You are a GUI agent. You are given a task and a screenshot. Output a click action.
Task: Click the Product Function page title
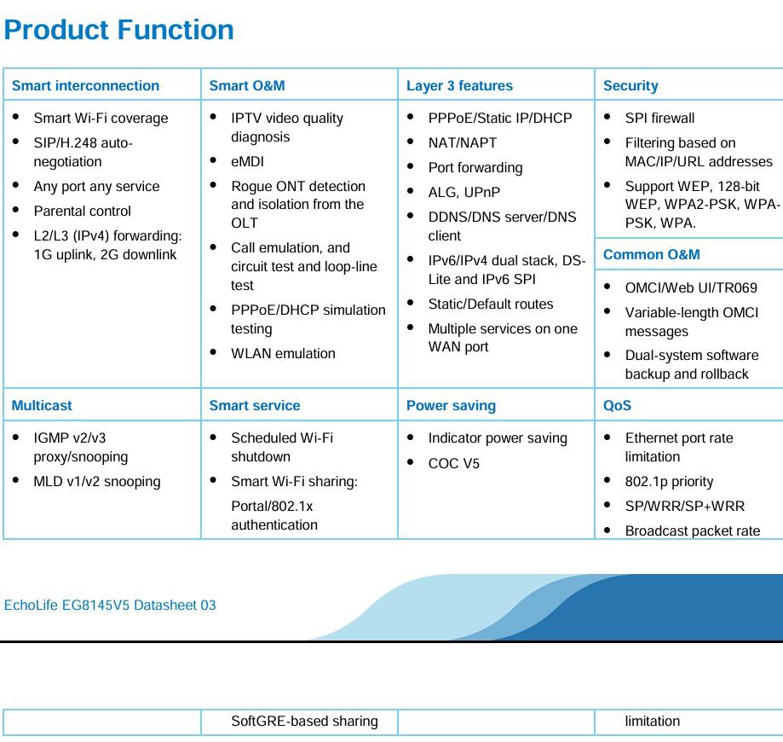pos(118,30)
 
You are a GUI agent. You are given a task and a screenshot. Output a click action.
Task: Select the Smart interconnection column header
pos(85,85)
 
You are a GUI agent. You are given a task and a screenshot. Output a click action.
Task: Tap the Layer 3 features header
pos(459,85)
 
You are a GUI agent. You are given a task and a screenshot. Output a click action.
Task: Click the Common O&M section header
pos(651,254)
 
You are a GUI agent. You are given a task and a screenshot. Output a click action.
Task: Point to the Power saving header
pos(451,405)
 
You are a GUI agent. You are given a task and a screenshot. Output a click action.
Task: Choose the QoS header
pos(617,405)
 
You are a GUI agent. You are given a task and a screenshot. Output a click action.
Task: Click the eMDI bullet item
pos(247,161)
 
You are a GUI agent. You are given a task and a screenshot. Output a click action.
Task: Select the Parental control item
pos(83,211)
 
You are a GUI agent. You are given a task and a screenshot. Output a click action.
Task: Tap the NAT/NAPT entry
pos(463,143)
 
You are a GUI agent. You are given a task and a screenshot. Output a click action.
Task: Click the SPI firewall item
pos(659,118)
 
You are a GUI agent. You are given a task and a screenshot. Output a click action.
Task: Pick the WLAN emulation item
pos(283,353)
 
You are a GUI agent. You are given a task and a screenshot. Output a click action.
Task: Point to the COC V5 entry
pos(453,463)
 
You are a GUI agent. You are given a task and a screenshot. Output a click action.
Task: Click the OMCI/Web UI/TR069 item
pos(691,288)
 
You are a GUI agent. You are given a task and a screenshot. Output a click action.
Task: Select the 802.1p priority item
pos(669,482)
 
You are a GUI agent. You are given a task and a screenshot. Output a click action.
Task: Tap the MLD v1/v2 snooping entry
pos(97,482)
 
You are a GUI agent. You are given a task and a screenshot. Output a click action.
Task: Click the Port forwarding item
pos(475,167)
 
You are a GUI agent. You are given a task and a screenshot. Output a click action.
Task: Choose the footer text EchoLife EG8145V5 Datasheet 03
pos(110,605)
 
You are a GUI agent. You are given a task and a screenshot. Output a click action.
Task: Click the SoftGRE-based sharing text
pos(305,721)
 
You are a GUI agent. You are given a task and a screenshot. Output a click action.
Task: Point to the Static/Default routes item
pos(491,304)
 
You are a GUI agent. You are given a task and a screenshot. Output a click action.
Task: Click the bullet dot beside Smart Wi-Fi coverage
pos(16,117)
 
